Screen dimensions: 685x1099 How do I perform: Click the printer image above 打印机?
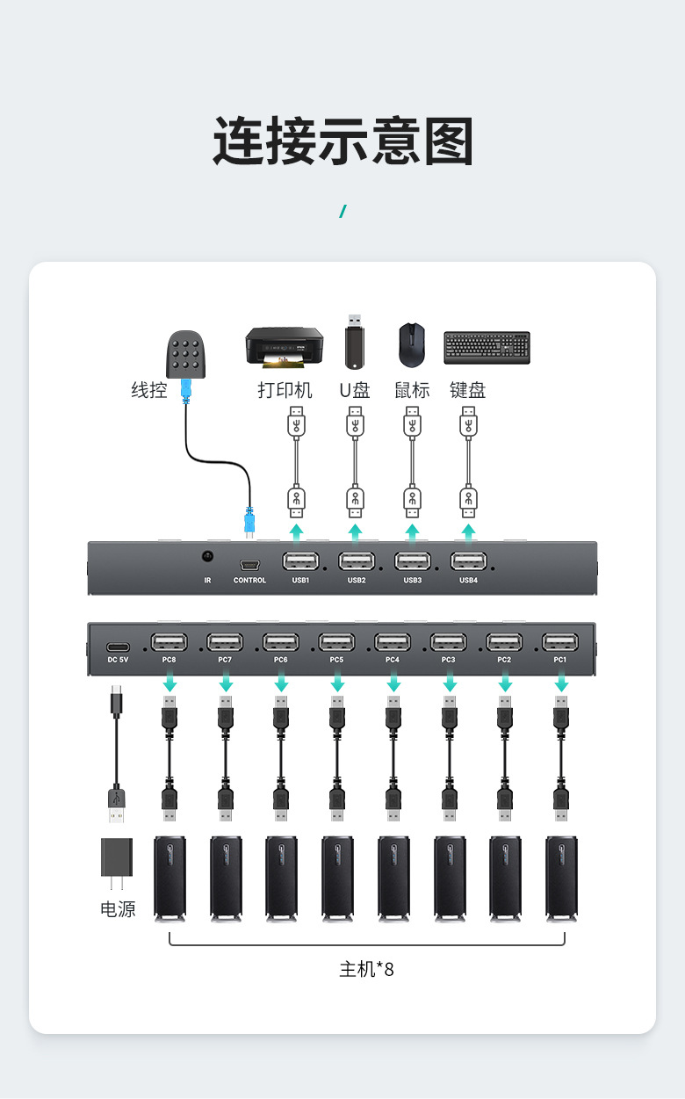coord(284,347)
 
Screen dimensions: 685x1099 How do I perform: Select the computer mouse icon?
coord(411,345)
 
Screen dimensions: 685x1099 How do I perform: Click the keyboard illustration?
coord(487,348)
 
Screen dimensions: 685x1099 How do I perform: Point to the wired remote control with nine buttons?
coord(186,354)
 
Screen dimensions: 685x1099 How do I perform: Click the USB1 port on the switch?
coord(301,560)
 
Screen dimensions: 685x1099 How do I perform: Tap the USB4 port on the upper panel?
coord(469,560)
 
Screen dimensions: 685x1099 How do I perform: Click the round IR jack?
coord(208,557)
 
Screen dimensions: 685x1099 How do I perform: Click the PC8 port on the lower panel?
coord(169,642)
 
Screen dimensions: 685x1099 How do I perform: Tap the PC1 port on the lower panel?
coord(560,642)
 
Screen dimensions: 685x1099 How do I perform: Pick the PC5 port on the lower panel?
coord(336,642)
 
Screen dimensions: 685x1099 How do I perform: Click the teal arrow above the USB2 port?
coord(356,532)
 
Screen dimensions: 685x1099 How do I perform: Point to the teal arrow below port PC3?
coord(450,681)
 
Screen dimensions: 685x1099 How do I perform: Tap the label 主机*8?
coord(366,970)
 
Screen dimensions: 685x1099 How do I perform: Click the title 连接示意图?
coord(342,141)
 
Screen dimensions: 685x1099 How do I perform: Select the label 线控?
coord(148,390)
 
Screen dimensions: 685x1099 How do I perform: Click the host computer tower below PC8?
coord(169,878)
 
